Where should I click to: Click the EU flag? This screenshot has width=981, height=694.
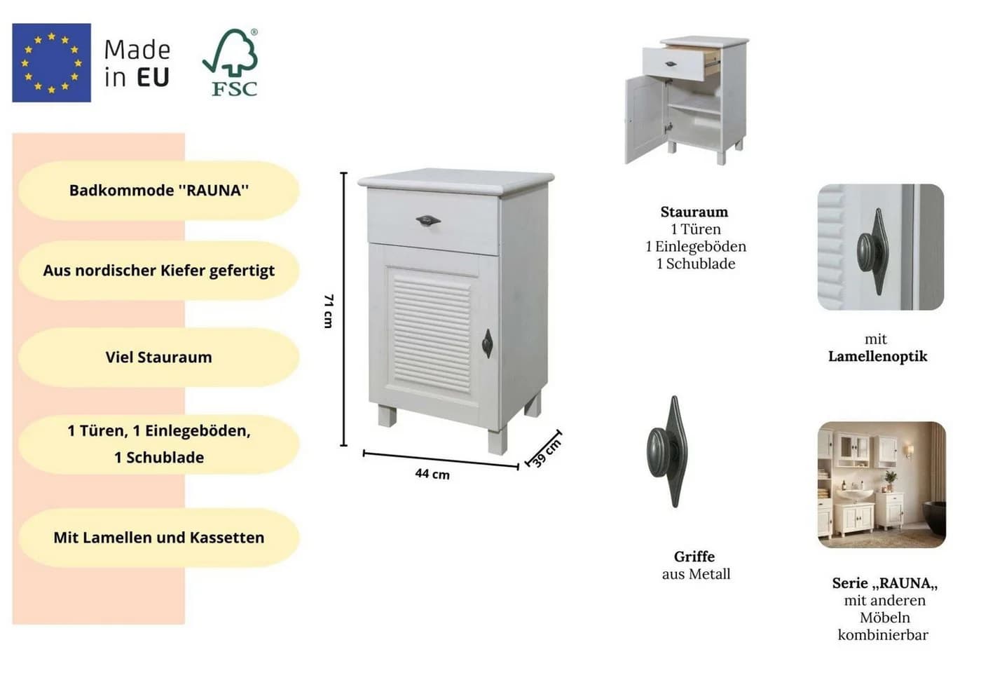[x=51, y=62]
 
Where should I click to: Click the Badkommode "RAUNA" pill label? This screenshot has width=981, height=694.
[x=159, y=191]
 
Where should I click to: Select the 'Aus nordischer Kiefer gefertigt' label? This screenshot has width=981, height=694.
[x=159, y=271]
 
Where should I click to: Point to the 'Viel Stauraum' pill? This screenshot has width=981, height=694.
[x=159, y=357]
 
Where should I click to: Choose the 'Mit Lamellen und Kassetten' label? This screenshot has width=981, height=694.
[x=159, y=538]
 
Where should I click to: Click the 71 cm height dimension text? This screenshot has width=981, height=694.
[x=329, y=311]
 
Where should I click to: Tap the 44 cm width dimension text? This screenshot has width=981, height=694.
[x=432, y=474]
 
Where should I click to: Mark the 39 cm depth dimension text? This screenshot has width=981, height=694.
[x=547, y=454]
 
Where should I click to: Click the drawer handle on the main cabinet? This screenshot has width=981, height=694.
[x=428, y=220]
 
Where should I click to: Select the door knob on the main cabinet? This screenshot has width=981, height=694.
[x=488, y=343]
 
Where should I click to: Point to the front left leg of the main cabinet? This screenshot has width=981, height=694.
[x=387, y=415]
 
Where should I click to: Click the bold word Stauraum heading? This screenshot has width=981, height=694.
[x=694, y=212]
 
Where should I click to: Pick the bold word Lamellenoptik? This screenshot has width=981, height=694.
[x=877, y=356]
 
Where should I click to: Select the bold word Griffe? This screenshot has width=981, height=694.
[x=694, y=557]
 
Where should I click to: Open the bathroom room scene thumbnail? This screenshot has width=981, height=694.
[x=881, y=484]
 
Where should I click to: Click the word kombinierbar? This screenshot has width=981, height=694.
[x=883, y=635]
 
